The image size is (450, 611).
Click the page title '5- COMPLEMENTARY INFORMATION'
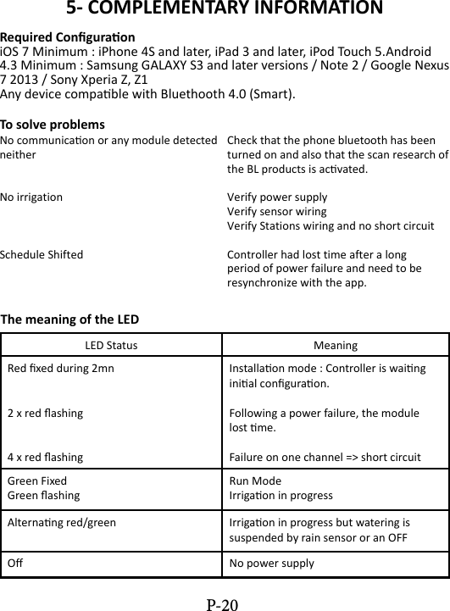pos(225,10)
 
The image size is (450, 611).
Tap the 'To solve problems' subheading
pos(53,125)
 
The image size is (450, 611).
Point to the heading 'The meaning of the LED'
pos(70,319)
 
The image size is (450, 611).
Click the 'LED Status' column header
pos(111,346)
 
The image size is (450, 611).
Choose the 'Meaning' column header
pos(335,346)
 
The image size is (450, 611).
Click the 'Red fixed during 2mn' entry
pos(59,369)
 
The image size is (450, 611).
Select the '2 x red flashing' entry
pos(45,413)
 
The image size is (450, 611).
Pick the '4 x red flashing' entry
pos(45,457)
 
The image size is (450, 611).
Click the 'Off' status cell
pos(15,563)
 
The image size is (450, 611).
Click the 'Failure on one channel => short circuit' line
pos(325,457)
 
